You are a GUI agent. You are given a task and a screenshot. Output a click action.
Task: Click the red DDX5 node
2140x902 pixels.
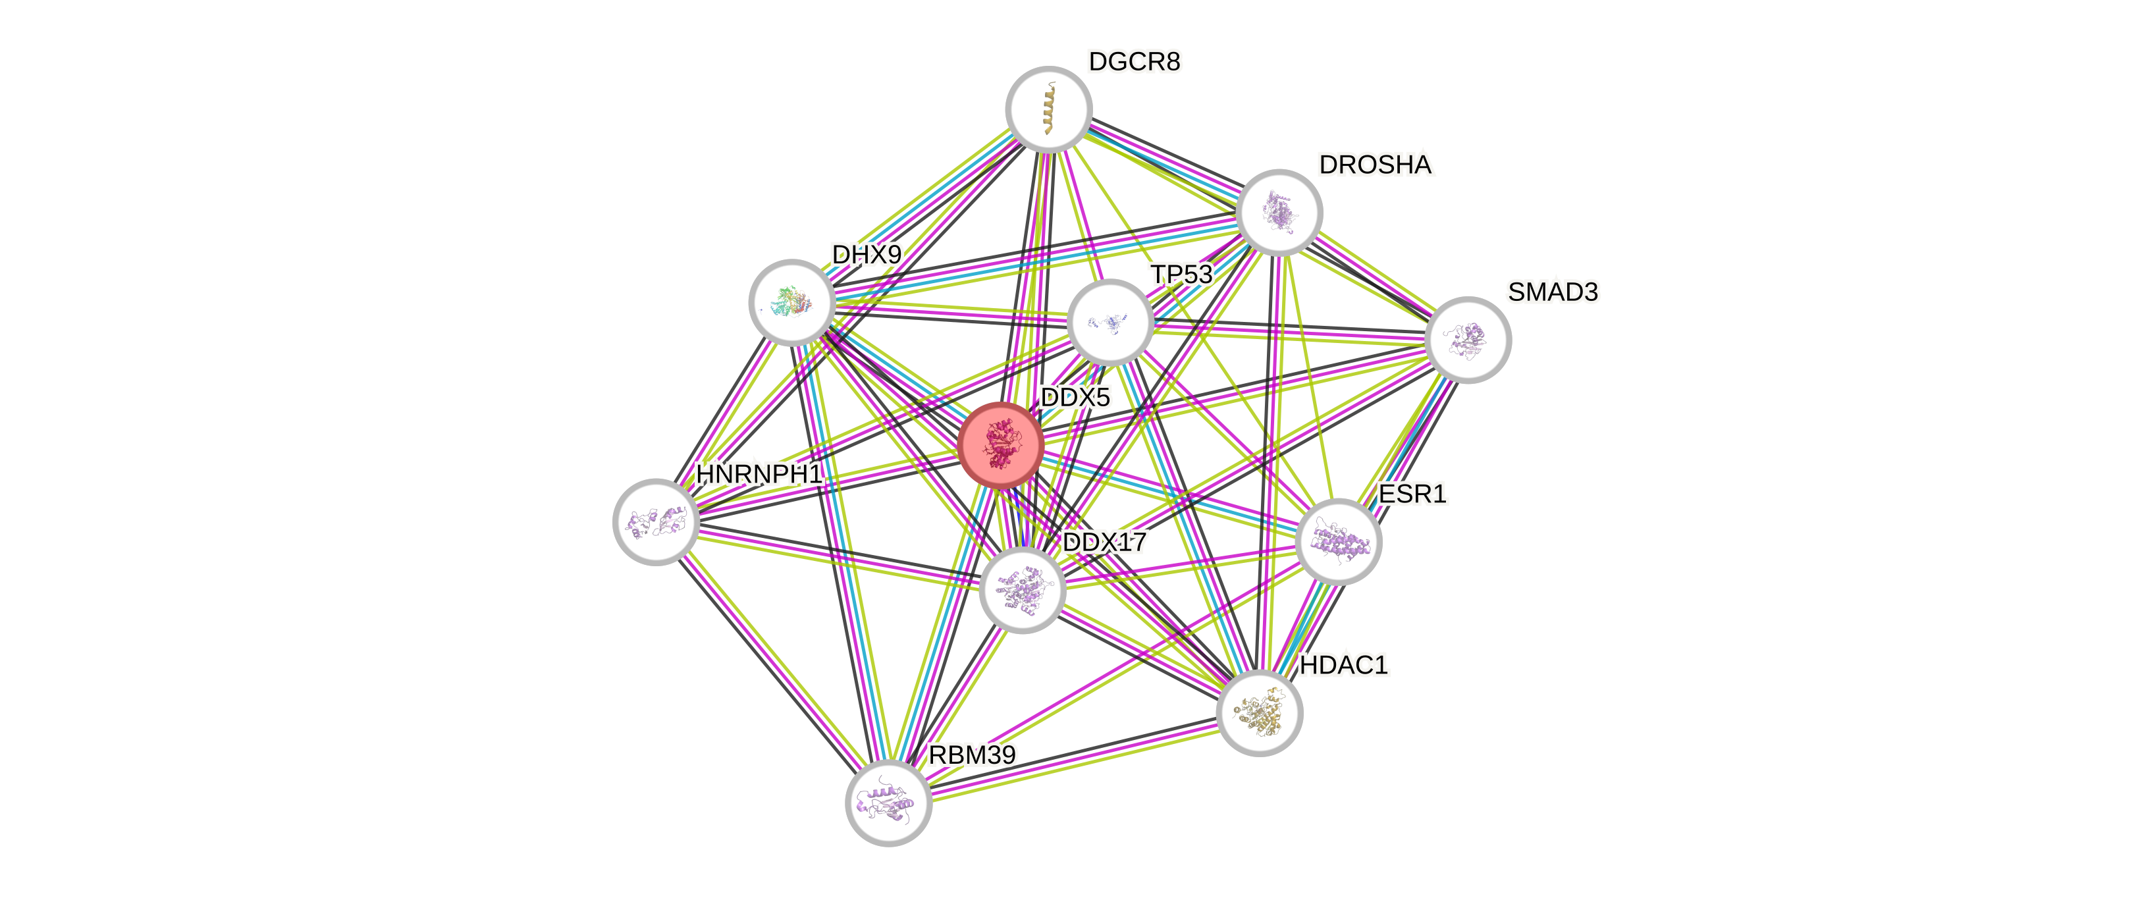pyautogui.click(x=1000, y=445)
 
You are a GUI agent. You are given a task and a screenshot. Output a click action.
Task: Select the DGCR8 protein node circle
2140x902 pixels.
pyautogui.click(x=1048, y=109)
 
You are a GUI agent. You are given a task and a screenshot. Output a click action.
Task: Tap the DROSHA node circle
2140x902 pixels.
pyautogui.click(x=1279, y=212)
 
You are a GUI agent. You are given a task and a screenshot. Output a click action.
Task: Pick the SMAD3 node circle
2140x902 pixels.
pyautogui.click(x=1467, y=340)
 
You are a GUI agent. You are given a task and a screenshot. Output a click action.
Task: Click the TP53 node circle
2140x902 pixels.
pyautogui.click(x=1109, y=322)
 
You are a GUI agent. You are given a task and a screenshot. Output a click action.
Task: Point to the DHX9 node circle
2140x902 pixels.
pyautogui.click(x=791, y=302)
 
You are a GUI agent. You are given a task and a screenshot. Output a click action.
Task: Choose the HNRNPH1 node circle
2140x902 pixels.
pyautogui.click(x=655, y=521)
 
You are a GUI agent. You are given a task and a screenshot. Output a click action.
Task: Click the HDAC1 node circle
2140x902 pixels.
pyautogui.click(x=1258, y=712)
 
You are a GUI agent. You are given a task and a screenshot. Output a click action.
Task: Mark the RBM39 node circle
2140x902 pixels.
pyautogui.click(x=888, y=803)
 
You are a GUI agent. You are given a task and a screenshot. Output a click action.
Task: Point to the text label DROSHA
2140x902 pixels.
pyautogui.click(x=1375, y=165)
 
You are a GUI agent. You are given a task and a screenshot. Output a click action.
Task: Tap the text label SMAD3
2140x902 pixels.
pyautogui.click(x=1553, y=292)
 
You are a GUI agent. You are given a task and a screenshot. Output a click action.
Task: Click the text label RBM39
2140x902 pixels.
pyautogui.click(x=971, y=756)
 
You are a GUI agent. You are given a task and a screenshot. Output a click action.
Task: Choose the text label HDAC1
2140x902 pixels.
pyautogui.click(x=1343, y=665)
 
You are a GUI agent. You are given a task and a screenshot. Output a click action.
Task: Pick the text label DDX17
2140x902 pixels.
pyautogui.click(x=1105, y=543)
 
